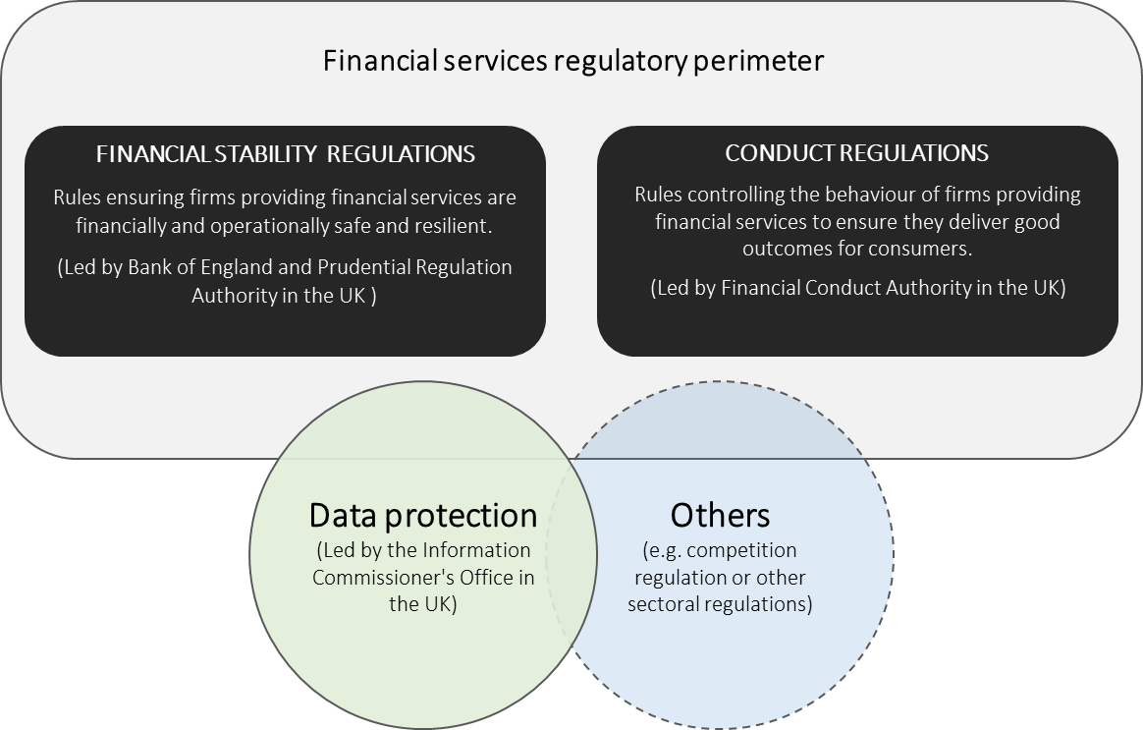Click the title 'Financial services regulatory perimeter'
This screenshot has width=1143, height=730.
click(572, 61)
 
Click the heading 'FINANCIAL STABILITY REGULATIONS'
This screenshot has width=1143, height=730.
click(286, 154)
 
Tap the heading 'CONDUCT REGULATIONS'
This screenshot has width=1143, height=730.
click(856, 152)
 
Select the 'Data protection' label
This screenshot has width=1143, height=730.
click(423, 515)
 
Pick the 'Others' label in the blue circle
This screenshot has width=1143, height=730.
click(720, 515)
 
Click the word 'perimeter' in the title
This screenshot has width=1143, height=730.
click(758, 62)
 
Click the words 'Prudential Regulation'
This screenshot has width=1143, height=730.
click(414, 267)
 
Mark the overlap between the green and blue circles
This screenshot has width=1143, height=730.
click(571, 554)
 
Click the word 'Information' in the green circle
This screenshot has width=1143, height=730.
click(476, 550)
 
